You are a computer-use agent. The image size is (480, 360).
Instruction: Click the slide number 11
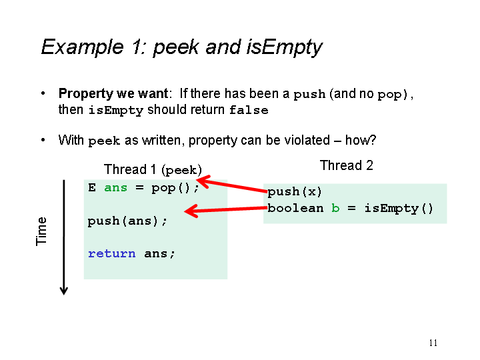tap(433, 343)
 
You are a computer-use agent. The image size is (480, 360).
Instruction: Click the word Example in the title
tap(83, 47)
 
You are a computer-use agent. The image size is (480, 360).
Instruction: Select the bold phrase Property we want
tap(113, 93)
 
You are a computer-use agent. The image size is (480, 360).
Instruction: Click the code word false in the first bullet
tap(249, 110)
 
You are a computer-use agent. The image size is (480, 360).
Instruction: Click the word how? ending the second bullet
tap(361, 140)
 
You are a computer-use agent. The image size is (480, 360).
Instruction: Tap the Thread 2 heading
tap(347, 165)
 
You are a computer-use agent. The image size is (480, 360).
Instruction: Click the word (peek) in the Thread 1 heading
tap(182, 170)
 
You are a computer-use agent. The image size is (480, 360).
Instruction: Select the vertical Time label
tap(41, 231)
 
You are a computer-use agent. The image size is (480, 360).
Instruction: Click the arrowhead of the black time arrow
tap(64, 291)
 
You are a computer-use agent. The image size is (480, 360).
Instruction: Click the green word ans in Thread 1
tap(115, 187)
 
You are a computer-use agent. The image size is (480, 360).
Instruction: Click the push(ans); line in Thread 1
tap(127, 221)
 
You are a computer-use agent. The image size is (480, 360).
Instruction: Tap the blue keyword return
tap(112, 253)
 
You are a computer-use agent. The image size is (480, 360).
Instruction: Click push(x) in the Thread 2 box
tap(295, 191)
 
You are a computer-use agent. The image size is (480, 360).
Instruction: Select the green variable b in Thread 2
tap(335, 208)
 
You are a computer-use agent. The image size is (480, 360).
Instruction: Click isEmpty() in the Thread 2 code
tap(399, 209)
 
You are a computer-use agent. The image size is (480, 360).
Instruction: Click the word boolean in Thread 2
tap(295, 208)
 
